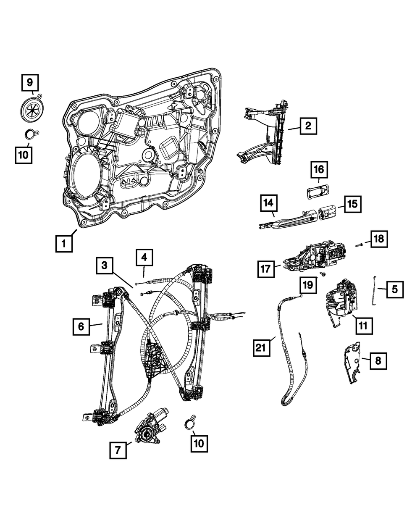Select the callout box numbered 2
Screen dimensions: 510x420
(308, 125)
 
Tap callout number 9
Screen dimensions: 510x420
(30, 83)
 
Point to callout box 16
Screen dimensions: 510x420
(319, 170)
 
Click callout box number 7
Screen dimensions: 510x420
(118, 451)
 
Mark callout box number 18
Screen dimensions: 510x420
(378, 239)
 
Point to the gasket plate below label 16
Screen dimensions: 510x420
(318, 191)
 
